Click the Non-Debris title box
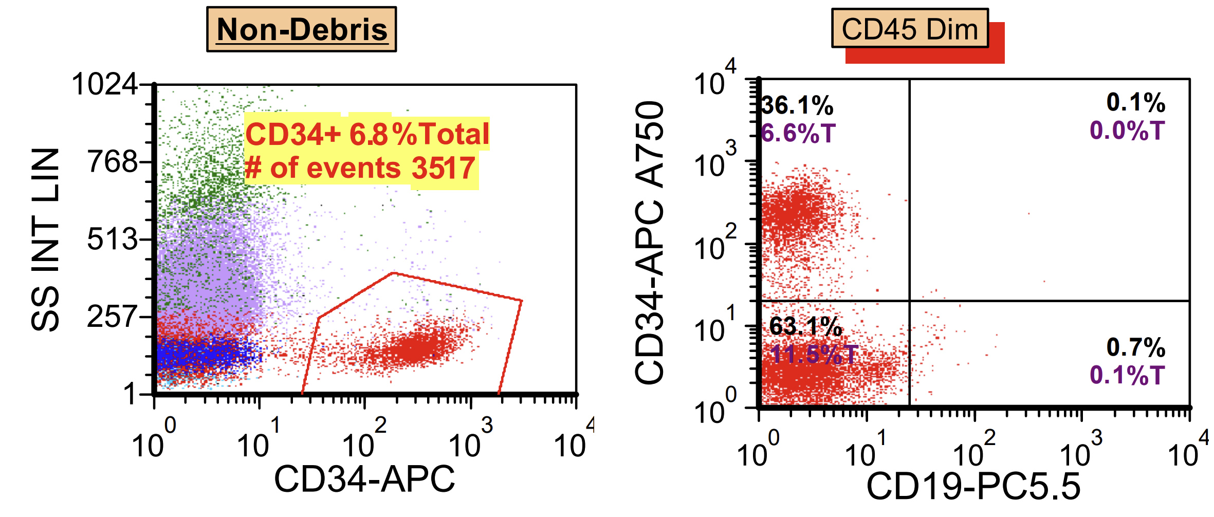302,29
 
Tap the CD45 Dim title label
910,29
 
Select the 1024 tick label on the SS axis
105,84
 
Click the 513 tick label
113,239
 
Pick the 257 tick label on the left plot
113,316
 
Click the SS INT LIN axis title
45,239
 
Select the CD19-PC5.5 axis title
973,486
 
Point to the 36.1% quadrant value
797,106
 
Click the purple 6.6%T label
798,134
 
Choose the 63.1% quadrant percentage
805,326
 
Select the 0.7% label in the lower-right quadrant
1135,347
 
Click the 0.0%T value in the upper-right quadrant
1127,131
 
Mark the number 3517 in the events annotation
443,168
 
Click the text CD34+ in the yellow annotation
292,134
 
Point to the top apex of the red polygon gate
393,273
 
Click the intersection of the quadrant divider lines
909,300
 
